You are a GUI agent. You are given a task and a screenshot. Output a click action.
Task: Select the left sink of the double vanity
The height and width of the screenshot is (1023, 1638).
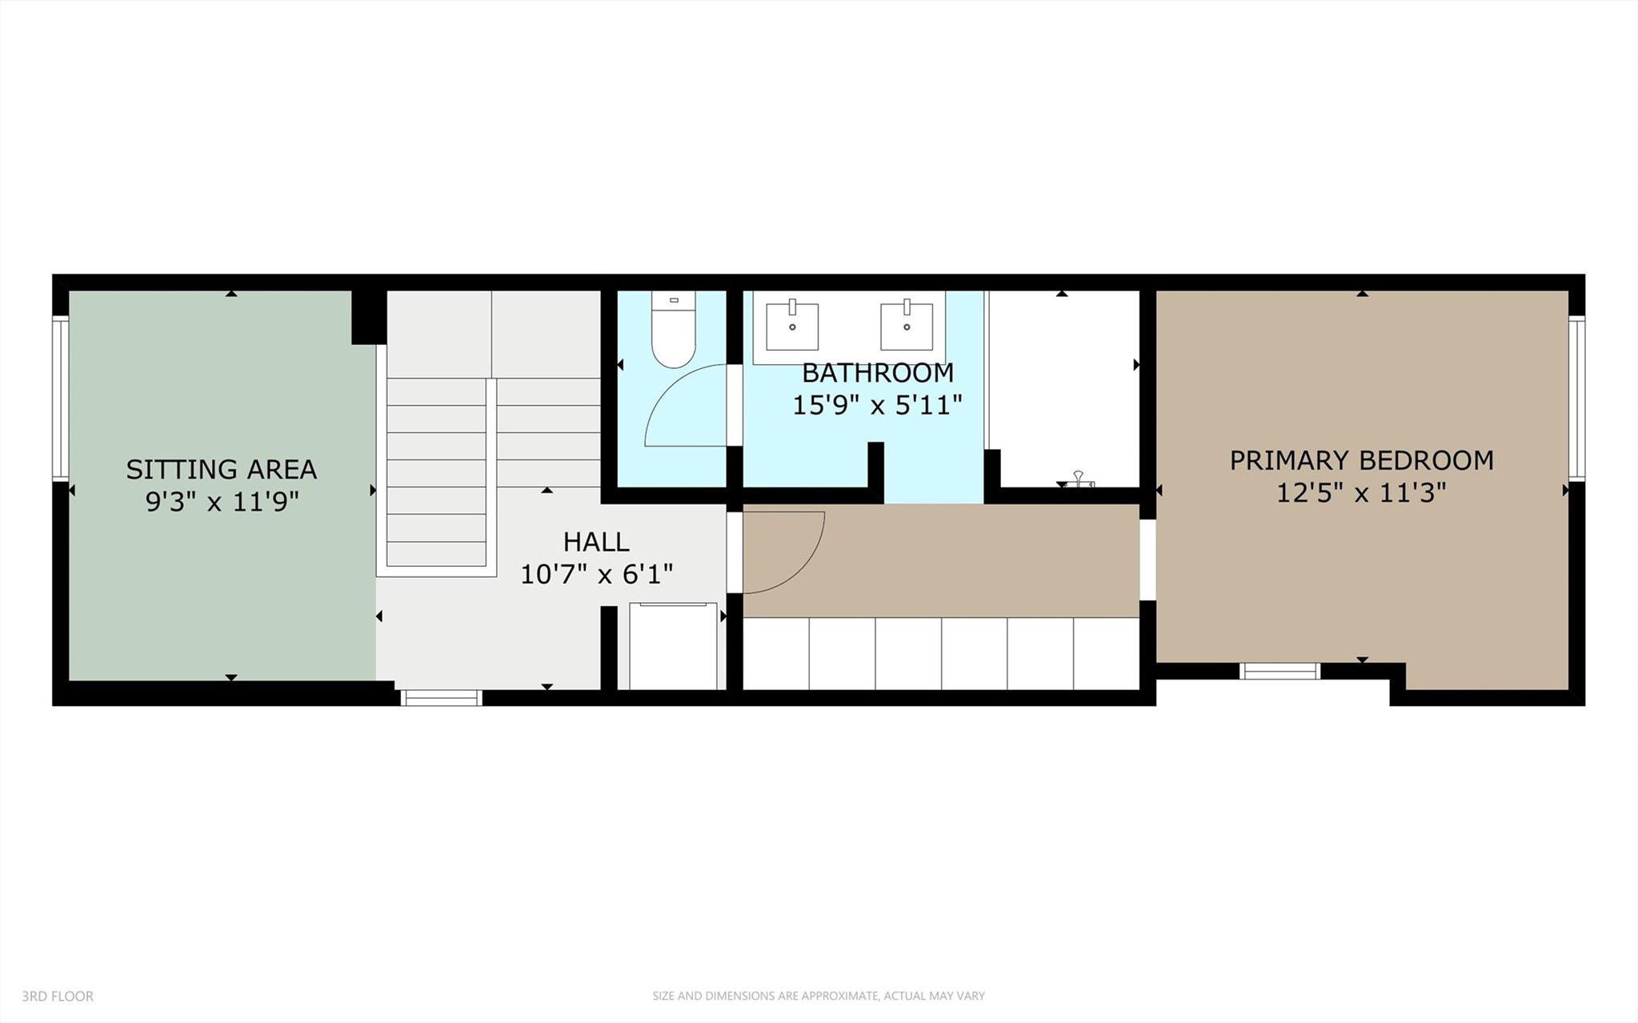click(x=792, y=326)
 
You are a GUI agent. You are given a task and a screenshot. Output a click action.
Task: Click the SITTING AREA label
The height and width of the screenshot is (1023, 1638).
click(x=221, y=469)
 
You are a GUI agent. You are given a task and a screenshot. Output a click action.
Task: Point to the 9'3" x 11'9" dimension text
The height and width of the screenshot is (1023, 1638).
click(x=222, y=503)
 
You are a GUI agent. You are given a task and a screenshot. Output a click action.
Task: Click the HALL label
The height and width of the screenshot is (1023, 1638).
click(x=596, y=542)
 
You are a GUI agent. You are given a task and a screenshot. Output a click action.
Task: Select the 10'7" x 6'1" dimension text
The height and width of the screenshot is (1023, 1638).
click(x=596, y=575)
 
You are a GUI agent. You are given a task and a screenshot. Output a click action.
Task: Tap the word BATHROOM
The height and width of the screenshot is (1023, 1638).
click(x=877, y=373)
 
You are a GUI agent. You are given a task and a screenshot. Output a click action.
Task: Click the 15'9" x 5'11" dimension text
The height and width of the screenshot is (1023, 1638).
click(x=877, y=406)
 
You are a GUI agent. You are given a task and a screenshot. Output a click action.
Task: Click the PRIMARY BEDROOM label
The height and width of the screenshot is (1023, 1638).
click(x=1361, y=460)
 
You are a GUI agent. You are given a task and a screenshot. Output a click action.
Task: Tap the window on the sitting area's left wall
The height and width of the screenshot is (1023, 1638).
click(x=60, y=399)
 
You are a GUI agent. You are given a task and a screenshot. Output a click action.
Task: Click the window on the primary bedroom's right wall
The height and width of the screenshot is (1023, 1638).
click(x=1576, y=399)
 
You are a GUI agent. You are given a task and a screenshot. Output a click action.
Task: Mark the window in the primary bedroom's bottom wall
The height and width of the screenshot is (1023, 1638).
click(x=1279, y=671)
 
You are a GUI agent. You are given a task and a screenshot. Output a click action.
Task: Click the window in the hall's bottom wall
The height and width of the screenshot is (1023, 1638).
click(x=441, y=697)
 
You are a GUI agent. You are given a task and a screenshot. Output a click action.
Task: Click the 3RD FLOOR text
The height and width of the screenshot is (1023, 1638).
click(x=58, y=997)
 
